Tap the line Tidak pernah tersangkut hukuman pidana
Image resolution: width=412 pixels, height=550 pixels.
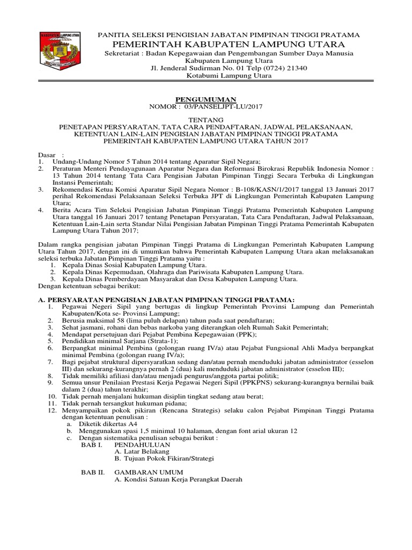(117, 403)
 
